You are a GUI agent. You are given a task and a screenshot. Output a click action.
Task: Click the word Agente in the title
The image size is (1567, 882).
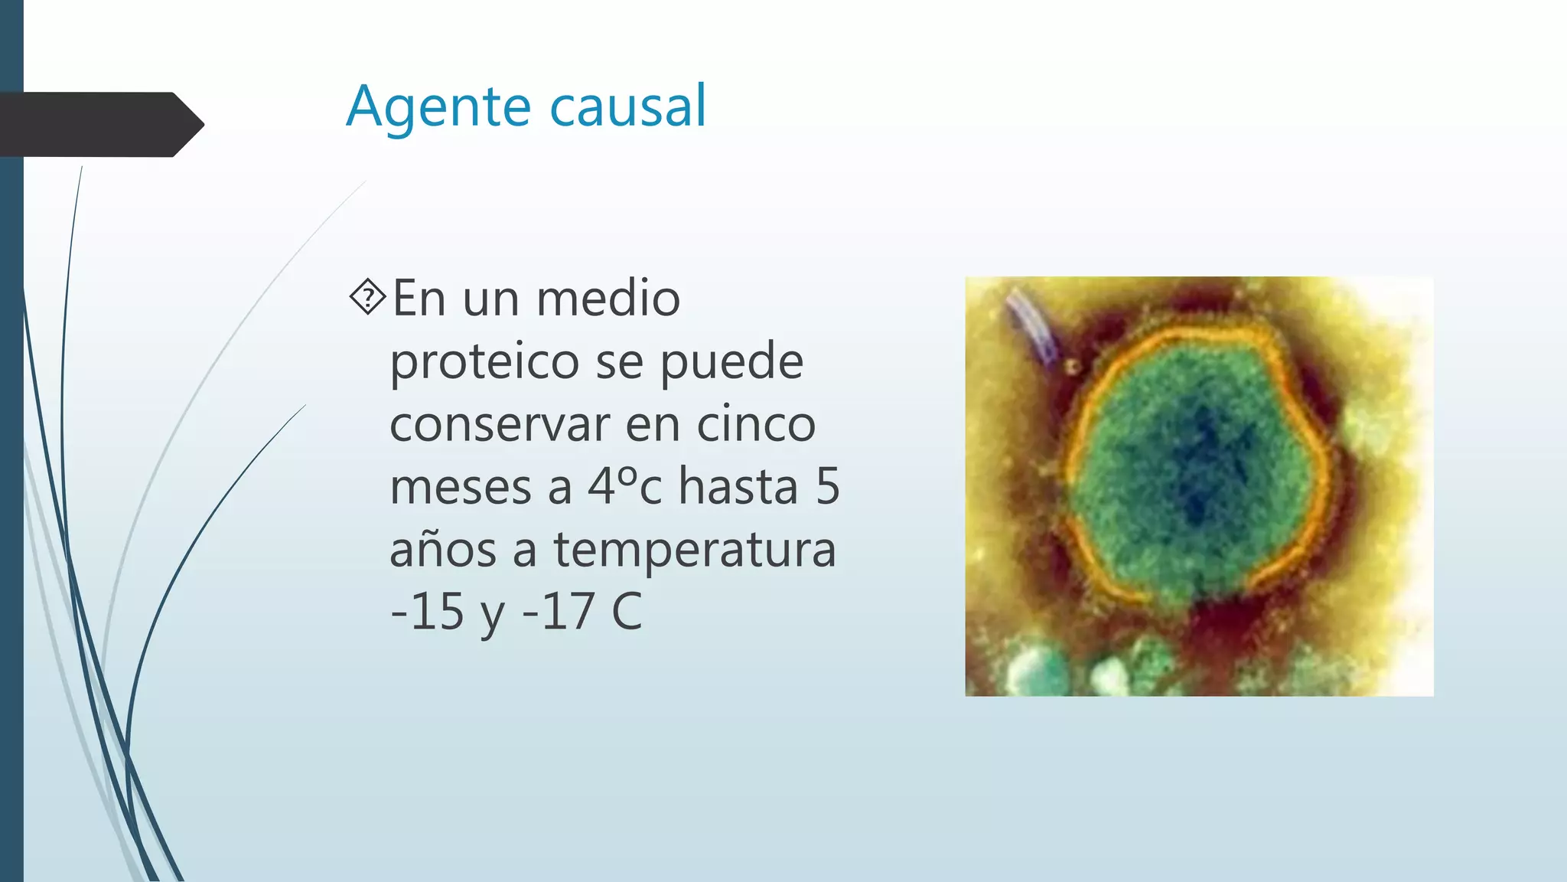click(x=438, y=107)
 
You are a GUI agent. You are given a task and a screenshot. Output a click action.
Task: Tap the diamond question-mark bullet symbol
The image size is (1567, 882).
click(x=368, y=297)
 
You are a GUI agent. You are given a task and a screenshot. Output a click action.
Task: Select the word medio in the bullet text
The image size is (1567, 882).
click(x=608, y=298)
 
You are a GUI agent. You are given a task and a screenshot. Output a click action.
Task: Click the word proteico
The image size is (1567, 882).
click(x=484, y=362)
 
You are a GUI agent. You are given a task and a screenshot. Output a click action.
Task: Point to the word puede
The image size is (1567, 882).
click(x=731, y=362)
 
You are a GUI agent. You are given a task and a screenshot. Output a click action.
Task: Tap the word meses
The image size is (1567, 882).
click(x=461, y=488)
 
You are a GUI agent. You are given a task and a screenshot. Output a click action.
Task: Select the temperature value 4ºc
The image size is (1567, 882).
click(x=624, y=486)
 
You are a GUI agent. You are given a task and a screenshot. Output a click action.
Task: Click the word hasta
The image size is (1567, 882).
click(x=738, y=486)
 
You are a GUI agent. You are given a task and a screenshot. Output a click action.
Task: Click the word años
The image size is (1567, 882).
click(x=443, y=550)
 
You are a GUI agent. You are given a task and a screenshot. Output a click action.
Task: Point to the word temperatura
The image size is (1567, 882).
click(x=695, y=550)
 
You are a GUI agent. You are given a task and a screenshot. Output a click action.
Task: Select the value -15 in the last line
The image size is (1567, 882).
click(x=427, y=612)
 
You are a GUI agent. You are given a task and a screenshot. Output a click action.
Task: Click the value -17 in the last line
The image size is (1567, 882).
click(x=558, y=612)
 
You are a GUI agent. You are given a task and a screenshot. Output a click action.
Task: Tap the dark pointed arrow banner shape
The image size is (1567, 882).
click(x=99, y=125)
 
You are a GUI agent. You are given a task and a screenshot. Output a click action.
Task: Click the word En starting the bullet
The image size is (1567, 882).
click(x=419, y=298)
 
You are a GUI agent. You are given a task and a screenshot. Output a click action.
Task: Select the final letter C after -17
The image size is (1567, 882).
click(x=627, y=612)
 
